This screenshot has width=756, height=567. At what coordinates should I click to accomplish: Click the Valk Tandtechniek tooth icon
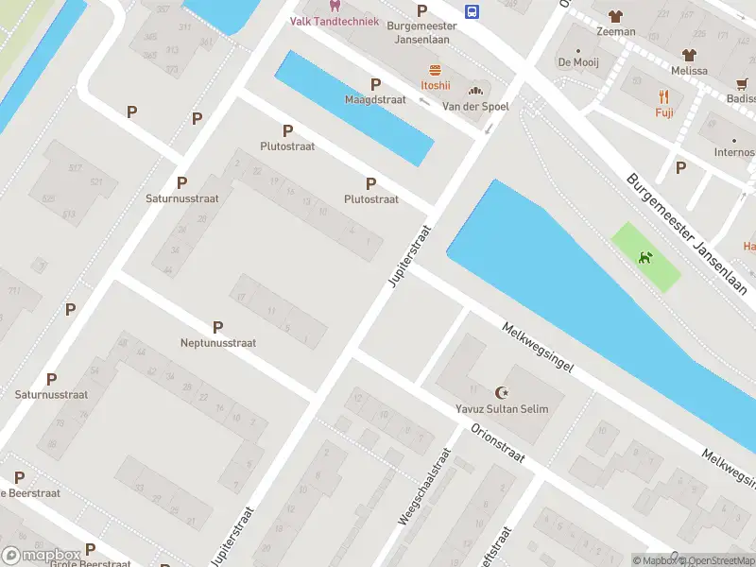point(335,6)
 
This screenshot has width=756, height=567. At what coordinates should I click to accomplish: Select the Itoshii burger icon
point(435,70)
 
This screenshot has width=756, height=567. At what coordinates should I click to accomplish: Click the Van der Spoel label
point(475,107)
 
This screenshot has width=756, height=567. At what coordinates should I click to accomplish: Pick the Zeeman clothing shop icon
point(616,16)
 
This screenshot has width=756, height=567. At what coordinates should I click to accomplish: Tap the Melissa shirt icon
point(689,55)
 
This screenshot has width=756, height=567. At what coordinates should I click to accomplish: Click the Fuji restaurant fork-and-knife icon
point(664,96)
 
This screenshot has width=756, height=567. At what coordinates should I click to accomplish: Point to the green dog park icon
point(645,257)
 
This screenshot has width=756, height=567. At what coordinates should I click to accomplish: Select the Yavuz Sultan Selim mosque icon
point(501,392)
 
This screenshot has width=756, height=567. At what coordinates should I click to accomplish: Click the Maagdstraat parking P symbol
point(375,84)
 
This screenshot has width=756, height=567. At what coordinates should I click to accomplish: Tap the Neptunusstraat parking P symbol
point(217,327)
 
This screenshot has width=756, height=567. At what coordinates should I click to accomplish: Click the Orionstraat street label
point(498,442)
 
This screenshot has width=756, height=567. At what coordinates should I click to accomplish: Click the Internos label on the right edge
point(734,152)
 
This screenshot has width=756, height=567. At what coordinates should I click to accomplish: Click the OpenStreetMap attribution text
point(714,560)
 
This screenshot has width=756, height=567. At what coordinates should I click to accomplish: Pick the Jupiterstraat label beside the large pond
point(409,256)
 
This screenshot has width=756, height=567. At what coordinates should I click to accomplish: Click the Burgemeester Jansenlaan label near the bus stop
point(421,26)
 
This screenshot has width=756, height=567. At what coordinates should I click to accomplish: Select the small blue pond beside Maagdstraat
point(354,108)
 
